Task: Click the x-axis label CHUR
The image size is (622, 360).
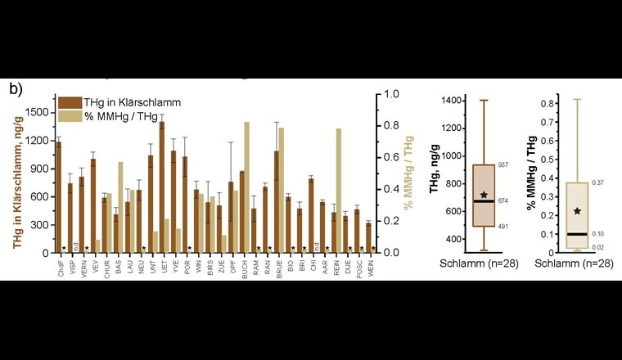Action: coord(105,267)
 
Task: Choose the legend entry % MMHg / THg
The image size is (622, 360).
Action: coord(119,116)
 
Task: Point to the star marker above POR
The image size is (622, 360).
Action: coord(190,248)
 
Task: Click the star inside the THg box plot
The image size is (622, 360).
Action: coord(484,195)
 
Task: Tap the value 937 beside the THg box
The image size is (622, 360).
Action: coord(503,164)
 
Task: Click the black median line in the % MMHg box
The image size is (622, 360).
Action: coord(577,234)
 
